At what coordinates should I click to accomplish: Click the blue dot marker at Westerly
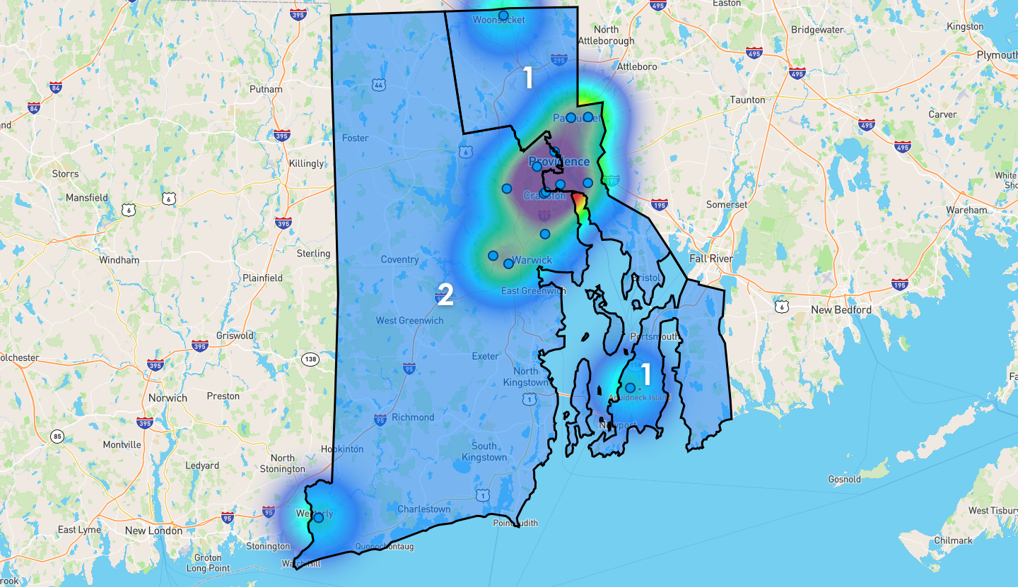(x=318, y=518)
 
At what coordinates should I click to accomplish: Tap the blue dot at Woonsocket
(x=503, y=15)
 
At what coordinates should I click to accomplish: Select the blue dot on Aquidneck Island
(x=630, y=388)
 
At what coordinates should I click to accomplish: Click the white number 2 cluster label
(x=445, y=295)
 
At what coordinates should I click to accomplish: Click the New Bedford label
(x=841, y=309)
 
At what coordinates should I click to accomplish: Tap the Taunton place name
(x=748, y=100)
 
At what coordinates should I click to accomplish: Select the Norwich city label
(x=168, y=398)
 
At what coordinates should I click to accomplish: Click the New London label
(x=153, y=530)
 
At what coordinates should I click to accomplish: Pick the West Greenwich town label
(x=410, y=321)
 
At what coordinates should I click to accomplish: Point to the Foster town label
(x=355, y=138)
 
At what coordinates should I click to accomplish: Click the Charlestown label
(x=424, y=509)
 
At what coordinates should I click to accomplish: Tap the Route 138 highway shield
(x=309, y=359)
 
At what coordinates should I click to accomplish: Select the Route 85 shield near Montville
(x=57, y=437)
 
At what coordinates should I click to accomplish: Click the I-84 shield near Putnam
(x=56, y=88)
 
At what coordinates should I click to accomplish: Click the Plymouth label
(x=997, y=55)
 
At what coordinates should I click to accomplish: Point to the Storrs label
(x=66, y=174)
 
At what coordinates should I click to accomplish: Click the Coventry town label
(x=400, y=259)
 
